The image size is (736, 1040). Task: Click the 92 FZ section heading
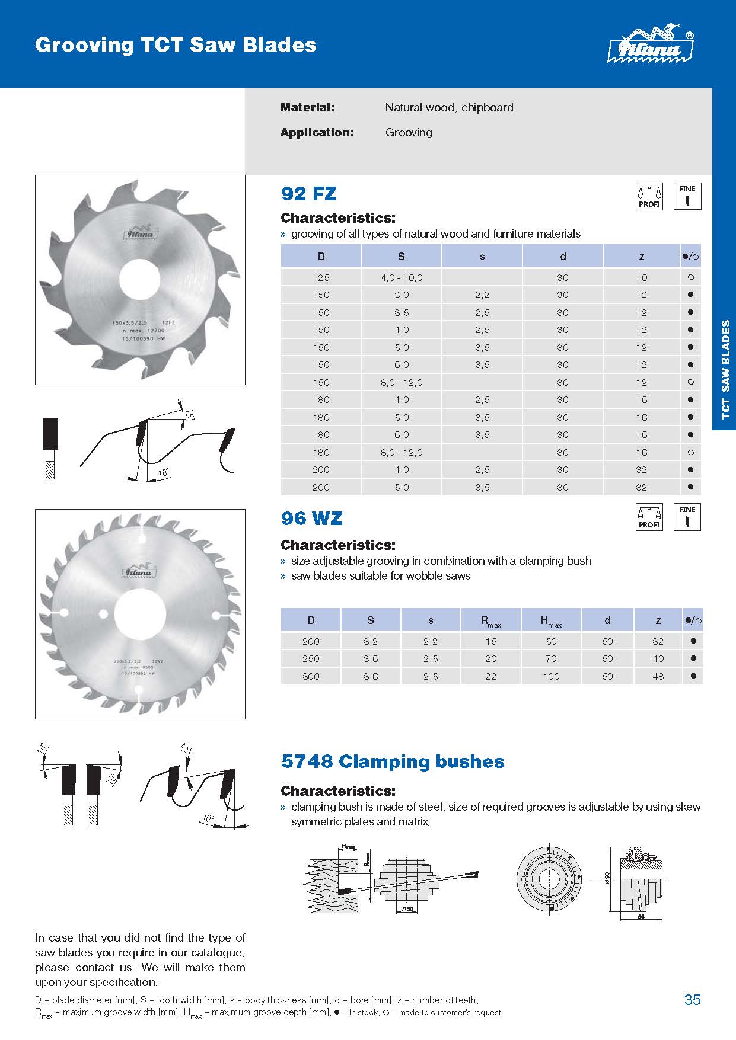(x=308, y=193)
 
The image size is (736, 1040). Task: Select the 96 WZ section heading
(x=311, y=518)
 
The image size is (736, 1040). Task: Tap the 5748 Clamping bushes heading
(x=393, y=761)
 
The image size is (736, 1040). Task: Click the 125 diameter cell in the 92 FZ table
(x=321, y=277)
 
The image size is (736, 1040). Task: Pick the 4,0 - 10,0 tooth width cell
(x=402, y=277)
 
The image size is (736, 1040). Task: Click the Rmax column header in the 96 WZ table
(x=490, y=620)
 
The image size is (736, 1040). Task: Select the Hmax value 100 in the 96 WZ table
(x=551, y=676)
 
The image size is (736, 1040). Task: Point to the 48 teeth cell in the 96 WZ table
(x=658, y=676)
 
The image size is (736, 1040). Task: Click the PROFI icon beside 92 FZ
(x=649, y=196)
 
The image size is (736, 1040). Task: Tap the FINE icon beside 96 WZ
(x=687, y=517)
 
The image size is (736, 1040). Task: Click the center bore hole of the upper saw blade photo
(x=140, y=280)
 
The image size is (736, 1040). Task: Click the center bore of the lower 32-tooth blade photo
(x=140, y=613)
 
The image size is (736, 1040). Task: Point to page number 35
(x=692, y=1000)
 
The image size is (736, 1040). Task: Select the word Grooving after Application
(x=409, y=132)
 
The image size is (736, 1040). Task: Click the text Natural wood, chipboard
(x=449, y=107)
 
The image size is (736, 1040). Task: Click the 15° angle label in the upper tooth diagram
(x=189, y=413)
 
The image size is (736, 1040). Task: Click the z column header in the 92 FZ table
(x=642, y=257)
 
